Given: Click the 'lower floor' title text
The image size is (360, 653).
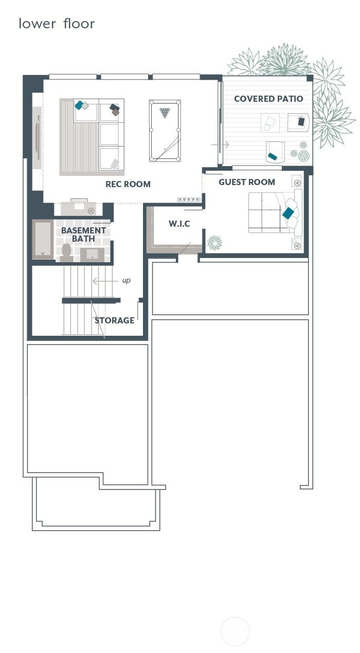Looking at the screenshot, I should [x=57, y=24].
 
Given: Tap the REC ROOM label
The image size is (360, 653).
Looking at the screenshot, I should [x=128, y=184].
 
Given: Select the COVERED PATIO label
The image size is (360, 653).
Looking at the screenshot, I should [x=268, y=99].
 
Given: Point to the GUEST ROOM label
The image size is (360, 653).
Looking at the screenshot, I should [x=247, y=182].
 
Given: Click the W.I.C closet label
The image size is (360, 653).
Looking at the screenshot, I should [x=179, y=224].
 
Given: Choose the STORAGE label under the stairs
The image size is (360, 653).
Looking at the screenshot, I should [x=114, y=320].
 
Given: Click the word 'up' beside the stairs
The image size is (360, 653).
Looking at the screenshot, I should [x=127, y=281].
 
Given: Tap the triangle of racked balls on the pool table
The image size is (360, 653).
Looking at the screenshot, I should [x=165, y=112].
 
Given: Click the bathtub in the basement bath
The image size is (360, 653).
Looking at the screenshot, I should [x=43, y=240].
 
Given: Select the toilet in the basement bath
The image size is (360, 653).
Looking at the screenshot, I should [x=66, y=250].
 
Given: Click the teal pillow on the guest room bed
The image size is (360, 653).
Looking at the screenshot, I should [x=289, y=212].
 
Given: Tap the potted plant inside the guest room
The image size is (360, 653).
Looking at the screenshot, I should [x=214, y=243].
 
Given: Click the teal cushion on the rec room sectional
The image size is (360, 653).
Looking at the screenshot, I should [x=79, y=105].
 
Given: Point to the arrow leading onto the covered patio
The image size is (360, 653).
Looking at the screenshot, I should [x=220, y=146].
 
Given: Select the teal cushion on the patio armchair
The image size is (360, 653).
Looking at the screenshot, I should [x=273, y=156].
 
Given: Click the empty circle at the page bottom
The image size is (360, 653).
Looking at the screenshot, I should [x=235, y=631].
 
